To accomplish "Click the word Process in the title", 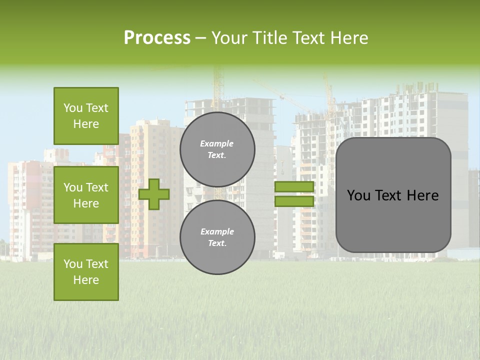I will (x=157, y=38).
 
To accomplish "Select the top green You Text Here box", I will (x=86, y=116).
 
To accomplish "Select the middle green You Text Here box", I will (x=86, y=195).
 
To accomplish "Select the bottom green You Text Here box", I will (x=86, y=272).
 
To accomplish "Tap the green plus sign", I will (x=154, y=194).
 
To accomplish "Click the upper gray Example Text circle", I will (x=217, y=149).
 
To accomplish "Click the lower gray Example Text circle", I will (x=217, y=237).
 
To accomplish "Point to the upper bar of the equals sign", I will (x=294, y=187).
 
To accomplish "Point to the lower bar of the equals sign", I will (x=294, y=201).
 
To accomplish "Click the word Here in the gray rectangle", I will (x=422, y=195).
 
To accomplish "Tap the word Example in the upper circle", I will (x=217, y=143).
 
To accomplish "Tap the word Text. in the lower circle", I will (x=217, y=243).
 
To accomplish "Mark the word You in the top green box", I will (x=73, y=108).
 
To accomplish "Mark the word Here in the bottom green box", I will (x=86, y=280).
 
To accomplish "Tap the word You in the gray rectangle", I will (x=358, y=195).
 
